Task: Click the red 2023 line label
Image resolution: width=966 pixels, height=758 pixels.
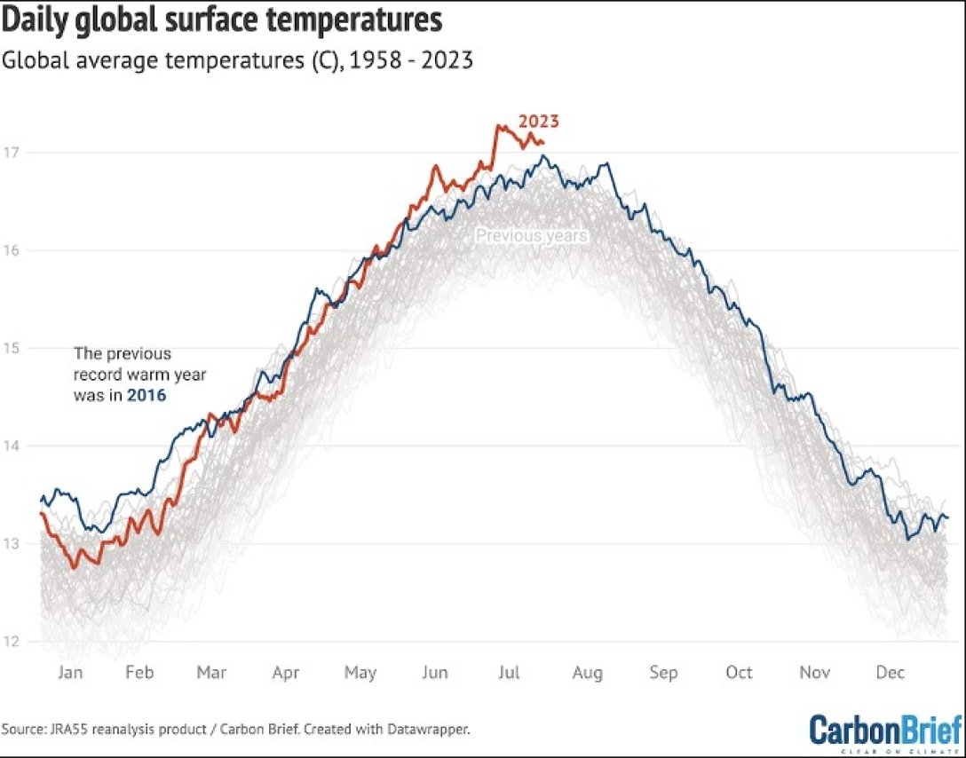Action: coord(539,122)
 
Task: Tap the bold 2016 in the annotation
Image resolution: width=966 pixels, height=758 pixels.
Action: coord(146,396)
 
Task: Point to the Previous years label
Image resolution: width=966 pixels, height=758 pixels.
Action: coord(531,236)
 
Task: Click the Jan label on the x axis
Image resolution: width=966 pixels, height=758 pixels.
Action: coord(70,673)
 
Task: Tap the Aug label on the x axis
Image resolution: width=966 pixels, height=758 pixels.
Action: coord(587,673)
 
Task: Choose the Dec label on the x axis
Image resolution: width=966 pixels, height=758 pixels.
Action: coord(890,673)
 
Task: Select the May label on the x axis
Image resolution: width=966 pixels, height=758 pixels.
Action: coord(360,673)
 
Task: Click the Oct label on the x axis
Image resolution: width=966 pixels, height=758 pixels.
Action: coord(739,673)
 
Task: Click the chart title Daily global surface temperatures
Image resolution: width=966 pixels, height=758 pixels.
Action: coord(223,20)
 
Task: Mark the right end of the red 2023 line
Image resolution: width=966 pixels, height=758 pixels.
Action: coord(543,142)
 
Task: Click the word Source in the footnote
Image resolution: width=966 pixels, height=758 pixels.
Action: coord(26,730)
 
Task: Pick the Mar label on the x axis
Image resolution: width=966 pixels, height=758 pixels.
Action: coord(211,673)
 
